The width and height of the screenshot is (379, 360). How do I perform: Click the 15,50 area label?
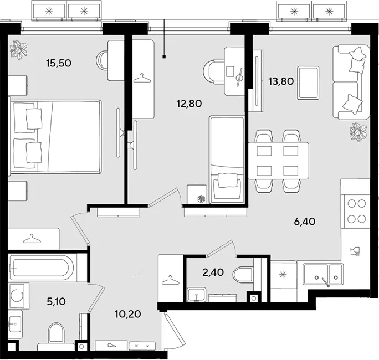[x=59, y=63]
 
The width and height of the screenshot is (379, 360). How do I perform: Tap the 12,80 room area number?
[x=189, y=104]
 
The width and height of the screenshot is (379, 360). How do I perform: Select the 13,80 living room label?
[x=281, y=81]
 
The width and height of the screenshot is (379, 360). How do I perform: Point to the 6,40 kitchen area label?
[x=305, y=222]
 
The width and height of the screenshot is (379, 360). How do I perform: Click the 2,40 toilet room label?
[x=213, y=272]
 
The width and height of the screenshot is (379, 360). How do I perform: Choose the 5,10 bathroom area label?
[x=57, y=301]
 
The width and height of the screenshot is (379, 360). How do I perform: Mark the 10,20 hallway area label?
[x=128, y=315]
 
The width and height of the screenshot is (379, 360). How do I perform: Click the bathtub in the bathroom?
[x=42, y=268]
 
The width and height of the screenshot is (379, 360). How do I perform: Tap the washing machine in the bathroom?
[x=17, y=296]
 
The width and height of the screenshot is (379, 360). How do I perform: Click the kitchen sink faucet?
[x=325, y=282]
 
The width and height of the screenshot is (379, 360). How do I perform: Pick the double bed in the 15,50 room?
[x=55, y=136]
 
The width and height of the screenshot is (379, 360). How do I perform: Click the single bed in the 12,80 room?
[x=227, y=160]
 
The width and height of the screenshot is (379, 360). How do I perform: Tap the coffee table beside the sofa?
[x=308, y=83]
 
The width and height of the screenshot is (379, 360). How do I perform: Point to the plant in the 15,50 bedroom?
[x=19, y=49]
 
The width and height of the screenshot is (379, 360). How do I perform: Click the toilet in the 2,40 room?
[x=243, y=274]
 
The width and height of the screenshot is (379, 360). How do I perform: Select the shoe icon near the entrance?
[x=111, y=345]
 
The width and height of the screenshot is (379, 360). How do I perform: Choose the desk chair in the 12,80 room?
[x=214, y=71]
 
